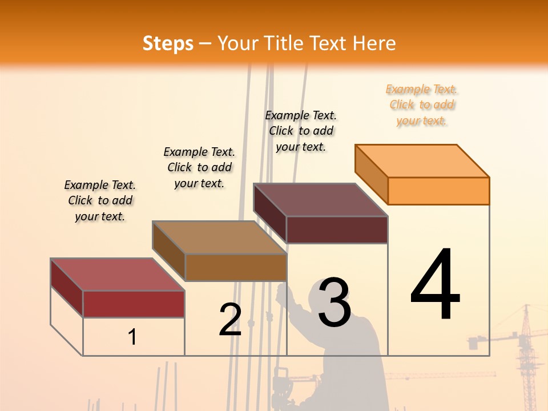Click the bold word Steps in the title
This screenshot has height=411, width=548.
pyautogui.click(x=168, y=43)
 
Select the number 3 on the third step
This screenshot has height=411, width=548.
pyautogui.click(x=335, y=303)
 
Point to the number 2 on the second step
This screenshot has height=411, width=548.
pyautogui.click(x=230, y=319)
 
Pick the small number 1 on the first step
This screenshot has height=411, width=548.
pyautogui.click(x=132, y=337)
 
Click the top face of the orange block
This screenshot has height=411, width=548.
pyautogui.click(x=422, y=161)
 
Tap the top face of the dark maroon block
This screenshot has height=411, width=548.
pyautogui.click(x=321, y=200)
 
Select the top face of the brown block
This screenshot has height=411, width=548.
pyautogui.click(x=219, y=237)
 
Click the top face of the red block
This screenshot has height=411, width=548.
pyautogui.click(x=118, y=275)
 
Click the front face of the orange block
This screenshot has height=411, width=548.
pyautogui.click(x=438, y=191)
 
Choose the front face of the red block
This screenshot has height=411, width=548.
pyautogui.click(x=134, y=304)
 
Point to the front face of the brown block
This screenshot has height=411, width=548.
pyautogui.click(x=235, y=267)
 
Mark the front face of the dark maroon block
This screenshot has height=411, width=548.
pyautogui.click(x=337, y=229)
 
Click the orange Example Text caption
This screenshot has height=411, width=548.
pyautogui.click(x=422, y=104)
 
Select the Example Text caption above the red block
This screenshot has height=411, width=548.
pyautogui.click(x=100, y=200)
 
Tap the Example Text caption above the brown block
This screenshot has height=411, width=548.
pyautogui.click(x=199, y=167)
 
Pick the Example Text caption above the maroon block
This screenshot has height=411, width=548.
pyautogui.click(x=301, y=131)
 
